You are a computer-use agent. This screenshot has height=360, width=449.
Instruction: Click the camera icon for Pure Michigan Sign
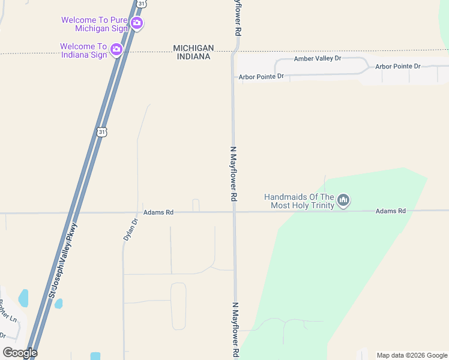[137, 23]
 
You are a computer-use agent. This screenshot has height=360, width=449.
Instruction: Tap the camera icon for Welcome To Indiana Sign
[117, 50]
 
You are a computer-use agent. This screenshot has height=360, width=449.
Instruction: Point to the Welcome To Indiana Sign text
[83, 50]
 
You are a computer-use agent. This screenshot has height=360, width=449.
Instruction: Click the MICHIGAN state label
[193, 48]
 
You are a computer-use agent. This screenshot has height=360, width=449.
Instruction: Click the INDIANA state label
[193, 56]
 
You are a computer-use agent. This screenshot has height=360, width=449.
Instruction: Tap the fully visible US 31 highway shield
[101, 131]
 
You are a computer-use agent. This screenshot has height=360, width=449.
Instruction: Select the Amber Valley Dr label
[318, 59]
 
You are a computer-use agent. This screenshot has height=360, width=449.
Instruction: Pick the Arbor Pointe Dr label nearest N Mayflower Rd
[261, 77]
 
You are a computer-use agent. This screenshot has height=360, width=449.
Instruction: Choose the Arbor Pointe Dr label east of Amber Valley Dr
[398, 66]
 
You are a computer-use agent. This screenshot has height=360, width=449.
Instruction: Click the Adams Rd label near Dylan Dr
[158, 212]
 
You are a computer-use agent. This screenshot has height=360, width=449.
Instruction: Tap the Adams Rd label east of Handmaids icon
[391, 211]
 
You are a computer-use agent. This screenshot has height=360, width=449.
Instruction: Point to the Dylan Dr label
[131, 229]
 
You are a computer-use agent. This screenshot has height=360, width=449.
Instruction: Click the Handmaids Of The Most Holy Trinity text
[299, 201]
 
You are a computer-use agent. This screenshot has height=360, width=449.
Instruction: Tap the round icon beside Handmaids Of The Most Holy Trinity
[343, 200]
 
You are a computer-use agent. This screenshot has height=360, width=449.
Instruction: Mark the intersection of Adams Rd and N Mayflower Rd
[234, 212]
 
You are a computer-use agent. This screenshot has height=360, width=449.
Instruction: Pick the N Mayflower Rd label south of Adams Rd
[235, 329]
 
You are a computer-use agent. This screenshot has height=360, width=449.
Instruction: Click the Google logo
[20, 353]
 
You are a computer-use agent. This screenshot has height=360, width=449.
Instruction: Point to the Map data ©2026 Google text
[412, 355]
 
